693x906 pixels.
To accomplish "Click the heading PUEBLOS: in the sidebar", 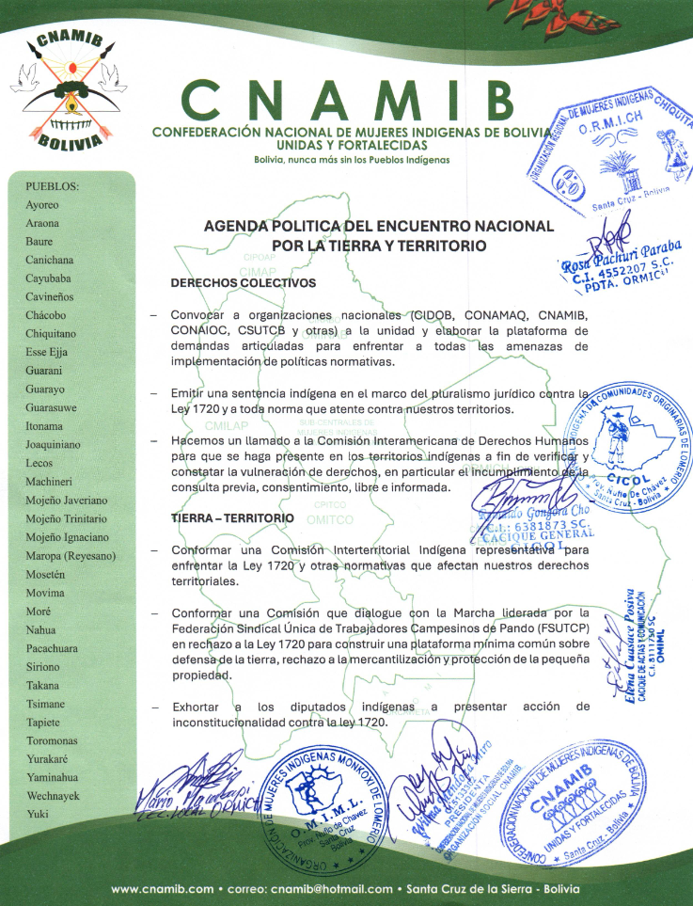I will point(52,186).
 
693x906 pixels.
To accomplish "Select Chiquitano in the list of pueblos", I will point(51,334).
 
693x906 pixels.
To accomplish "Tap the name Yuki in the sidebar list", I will point(38,814).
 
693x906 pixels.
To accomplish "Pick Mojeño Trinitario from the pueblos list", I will point(66,518).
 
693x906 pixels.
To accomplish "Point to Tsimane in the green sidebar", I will point(45,704).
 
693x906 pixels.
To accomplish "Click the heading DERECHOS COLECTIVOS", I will point(243,283).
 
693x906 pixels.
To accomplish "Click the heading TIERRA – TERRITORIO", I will point(232,518).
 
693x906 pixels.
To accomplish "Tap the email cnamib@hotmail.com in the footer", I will point(332,889).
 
